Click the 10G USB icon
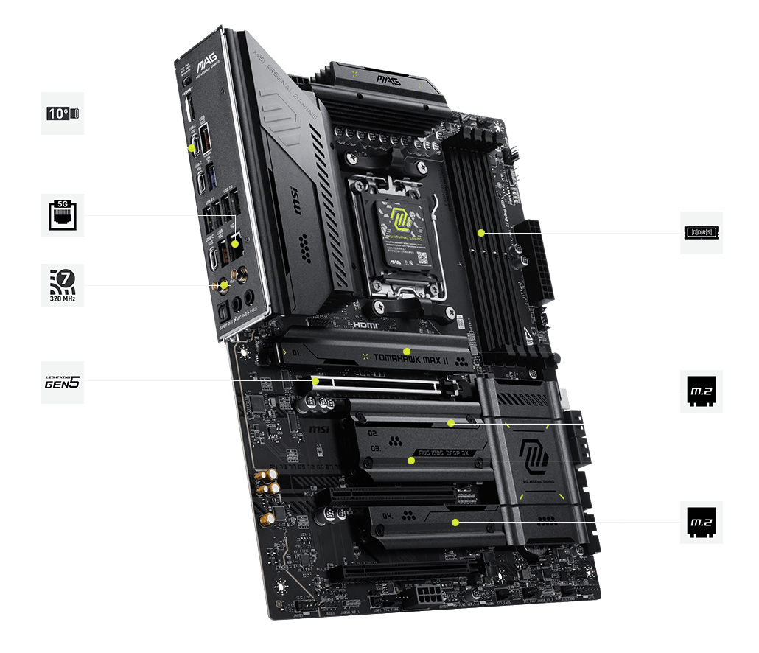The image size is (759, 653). pyautogui.click(x=63, y=113)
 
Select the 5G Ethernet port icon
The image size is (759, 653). pyautogui.click(x=63, y=215)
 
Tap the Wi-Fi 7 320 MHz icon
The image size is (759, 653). pyautogui.click(x=63, y=285)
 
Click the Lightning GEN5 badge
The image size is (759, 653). pyautogui.click(x=63, y=382)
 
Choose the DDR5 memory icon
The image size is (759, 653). pyautogui.click(x=701, y=233)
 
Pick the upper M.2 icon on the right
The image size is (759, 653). pyautogui.click(x=701, y=391)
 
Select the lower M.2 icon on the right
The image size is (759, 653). pyautogui.click(x=701, y=523)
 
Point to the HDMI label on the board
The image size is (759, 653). pyautogui.click(x=366, y=324)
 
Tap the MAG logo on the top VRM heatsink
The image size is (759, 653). pyautogui.click(x=388, y=80)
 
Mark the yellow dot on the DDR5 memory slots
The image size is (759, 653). pyautogui.click(x=480, y=233)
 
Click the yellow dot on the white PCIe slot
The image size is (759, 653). pyautogui.click(x=315, y=381)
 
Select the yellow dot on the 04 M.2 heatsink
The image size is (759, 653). pyautogui.click(x=456, y=523)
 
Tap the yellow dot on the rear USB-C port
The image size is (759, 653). pyautogui.click(x=193, y=147)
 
